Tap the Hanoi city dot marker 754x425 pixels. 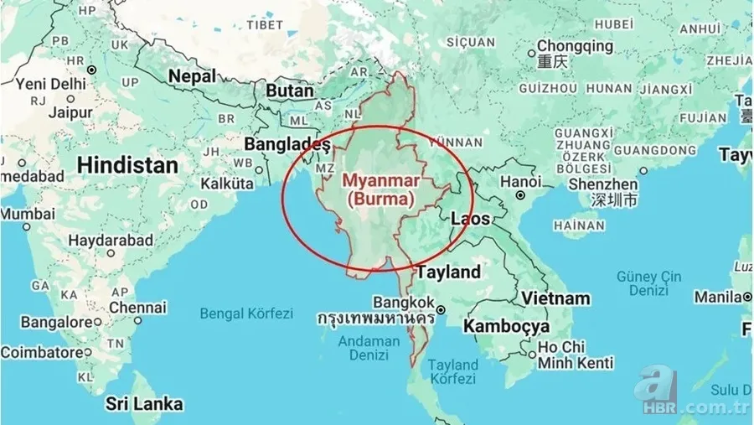(520, 195)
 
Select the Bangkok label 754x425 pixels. (404, 302)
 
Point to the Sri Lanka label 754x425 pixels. (144, 404)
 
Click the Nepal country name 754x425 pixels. (192, 75)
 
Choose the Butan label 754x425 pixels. (288, 90)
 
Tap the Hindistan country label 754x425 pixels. (127, 164)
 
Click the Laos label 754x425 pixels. (470, 219)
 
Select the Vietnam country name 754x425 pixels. (555, 298)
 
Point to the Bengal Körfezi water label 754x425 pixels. (246, 314)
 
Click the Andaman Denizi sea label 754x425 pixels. (369, 348)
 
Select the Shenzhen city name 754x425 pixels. (602, 184)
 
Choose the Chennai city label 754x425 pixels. (137, 308)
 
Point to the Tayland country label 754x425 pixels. (449, 272)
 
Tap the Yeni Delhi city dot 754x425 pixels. (91, 70)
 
